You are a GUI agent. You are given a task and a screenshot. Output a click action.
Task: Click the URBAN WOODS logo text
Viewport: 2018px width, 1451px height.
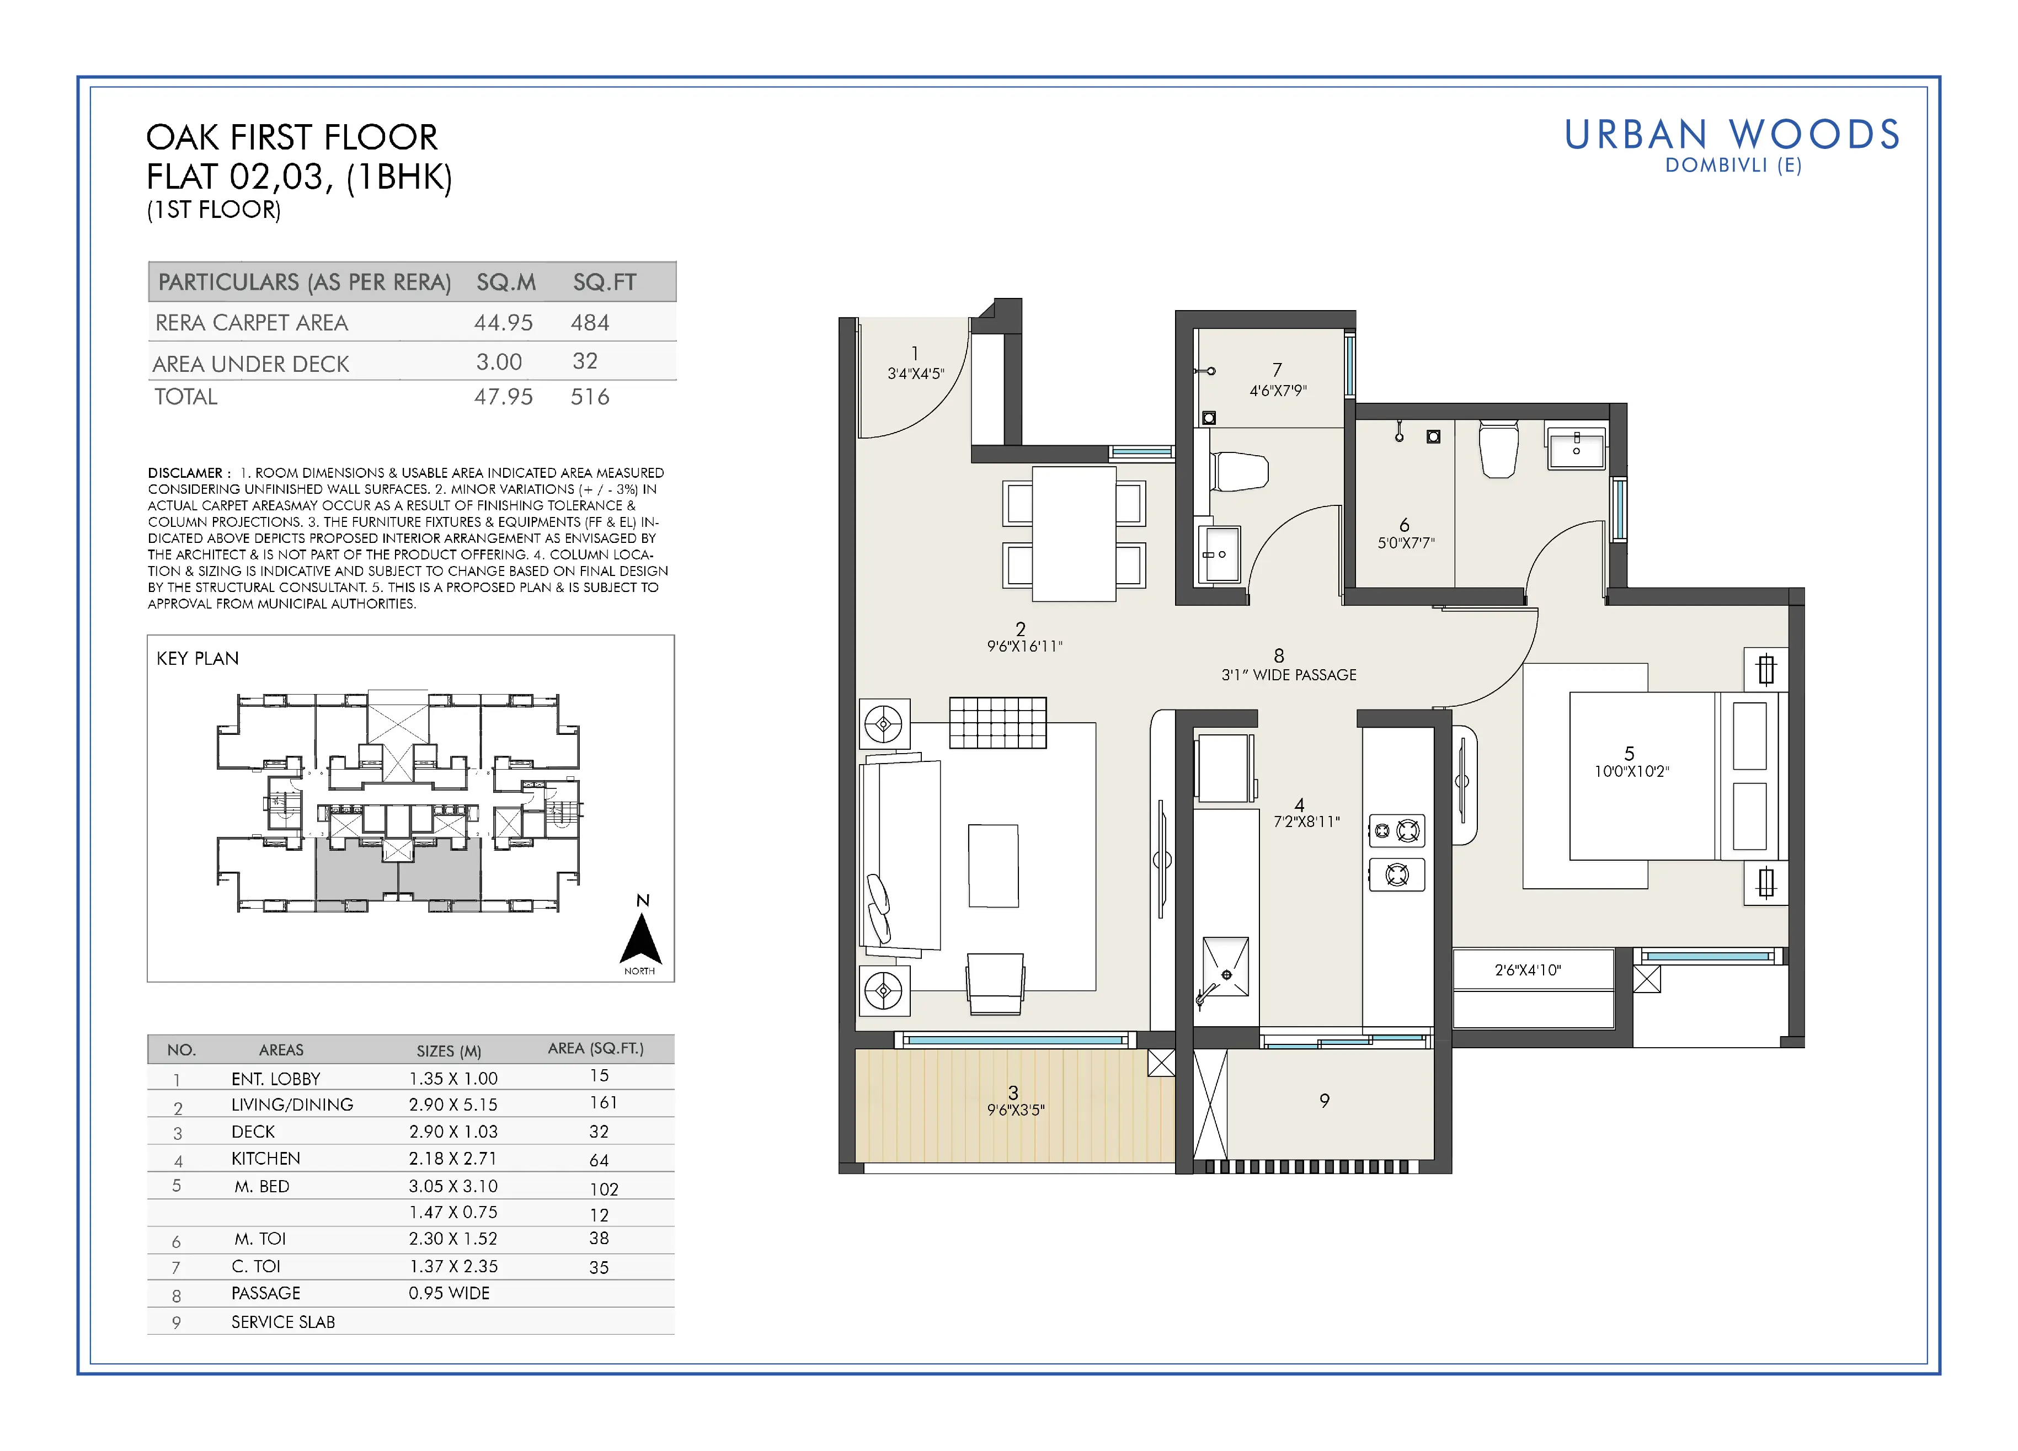[x=1732, y=135]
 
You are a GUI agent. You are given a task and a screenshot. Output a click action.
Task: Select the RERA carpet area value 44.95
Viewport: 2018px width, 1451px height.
[x=504, y=323]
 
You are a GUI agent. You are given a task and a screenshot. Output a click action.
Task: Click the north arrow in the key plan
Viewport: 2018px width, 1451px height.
[x=640, y=938]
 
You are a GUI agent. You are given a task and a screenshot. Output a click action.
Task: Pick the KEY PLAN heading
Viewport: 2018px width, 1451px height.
[x=197, y=658]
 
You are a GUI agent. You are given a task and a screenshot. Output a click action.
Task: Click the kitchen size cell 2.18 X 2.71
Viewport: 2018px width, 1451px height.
[x=453, y=1158]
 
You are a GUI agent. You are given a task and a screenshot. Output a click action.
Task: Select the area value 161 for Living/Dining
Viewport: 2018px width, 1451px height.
[x=604, y=1103]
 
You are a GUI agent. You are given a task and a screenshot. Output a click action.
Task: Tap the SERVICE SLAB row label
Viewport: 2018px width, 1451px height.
[x=283, y=1322]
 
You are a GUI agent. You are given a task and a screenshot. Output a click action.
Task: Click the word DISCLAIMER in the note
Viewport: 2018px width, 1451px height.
[x=185, y=473]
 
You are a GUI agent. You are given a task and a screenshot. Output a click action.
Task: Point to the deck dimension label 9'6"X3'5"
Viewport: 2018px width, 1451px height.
[x=1016, y=1110]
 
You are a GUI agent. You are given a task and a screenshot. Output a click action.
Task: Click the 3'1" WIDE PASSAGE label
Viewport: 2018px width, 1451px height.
[x=1289, y=675]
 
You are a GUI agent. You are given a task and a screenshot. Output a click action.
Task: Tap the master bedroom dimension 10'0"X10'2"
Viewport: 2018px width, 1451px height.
[x=1632, y=771]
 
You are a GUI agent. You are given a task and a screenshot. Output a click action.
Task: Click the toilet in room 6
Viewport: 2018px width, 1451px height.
[x=1499, y=449]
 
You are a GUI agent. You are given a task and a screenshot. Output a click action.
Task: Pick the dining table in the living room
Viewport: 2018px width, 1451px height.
[x=1074, y=534]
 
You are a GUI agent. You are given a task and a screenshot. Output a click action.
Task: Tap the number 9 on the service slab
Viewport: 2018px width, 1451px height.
[x=1325, y=1101]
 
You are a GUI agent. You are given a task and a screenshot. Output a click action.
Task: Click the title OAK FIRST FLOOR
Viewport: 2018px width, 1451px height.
[x=292, y=138]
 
